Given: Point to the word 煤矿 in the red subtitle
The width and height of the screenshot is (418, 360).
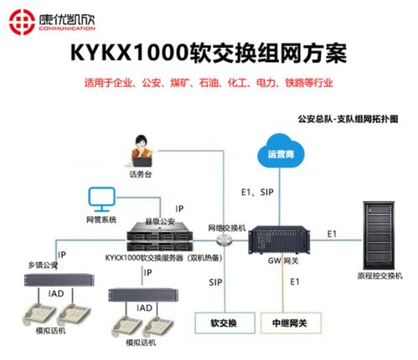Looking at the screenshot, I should [x=203, y=84].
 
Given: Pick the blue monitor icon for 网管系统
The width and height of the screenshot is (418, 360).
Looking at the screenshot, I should [x=100, y=200].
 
